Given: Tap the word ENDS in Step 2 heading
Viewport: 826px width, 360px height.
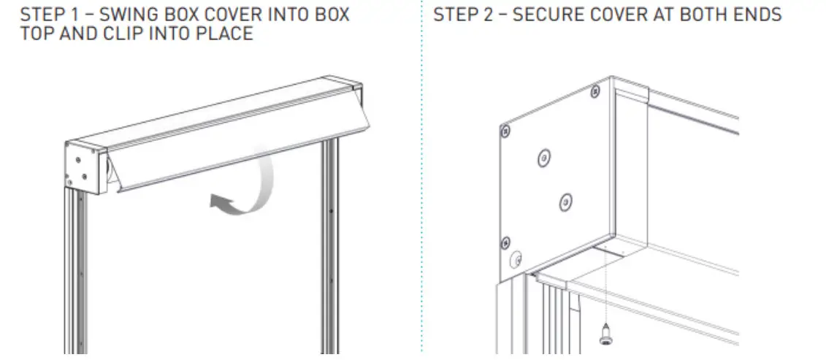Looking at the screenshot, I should point(759,15).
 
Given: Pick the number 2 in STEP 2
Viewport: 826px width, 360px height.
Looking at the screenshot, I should point(488,15).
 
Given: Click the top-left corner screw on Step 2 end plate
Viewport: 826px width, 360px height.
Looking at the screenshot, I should point(504,132).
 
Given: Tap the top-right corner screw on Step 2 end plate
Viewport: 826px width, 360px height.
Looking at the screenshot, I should point(595,91).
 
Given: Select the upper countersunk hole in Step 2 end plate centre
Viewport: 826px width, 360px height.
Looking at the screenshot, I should point(543,157).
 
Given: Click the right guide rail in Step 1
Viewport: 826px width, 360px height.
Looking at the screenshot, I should point(331,241).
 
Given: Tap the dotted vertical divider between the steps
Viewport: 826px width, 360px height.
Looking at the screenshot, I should point(422,183).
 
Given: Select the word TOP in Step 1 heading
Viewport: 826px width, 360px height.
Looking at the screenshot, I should point(37,33).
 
